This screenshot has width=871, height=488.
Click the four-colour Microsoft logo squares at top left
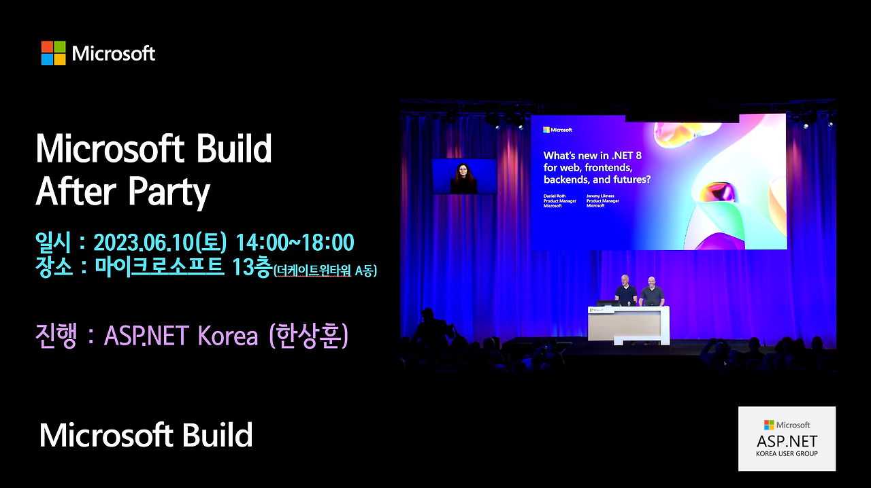pyautogui.click(x=53, y=53)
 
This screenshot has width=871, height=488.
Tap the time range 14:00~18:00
pyautogui.click(x=295, y=243)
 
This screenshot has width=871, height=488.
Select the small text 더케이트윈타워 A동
pyautogui.click(x=325, y=271)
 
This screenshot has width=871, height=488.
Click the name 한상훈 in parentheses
pyautogui.click(x=309, y=336)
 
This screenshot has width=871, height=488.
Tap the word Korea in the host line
pyautogui.click(x=228, y=336)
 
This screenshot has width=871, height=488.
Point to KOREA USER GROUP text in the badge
pyautogui.click(x=787, y=453)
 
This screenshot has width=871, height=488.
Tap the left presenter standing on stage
pyautogui.click(x=626, y=291)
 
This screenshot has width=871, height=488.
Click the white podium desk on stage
pyautogui.click(x=628, y=325)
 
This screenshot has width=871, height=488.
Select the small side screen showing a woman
pyautogui.click(x=464, y=176)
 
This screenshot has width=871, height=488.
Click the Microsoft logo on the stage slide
pyautogui.click(x=557, y=130)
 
